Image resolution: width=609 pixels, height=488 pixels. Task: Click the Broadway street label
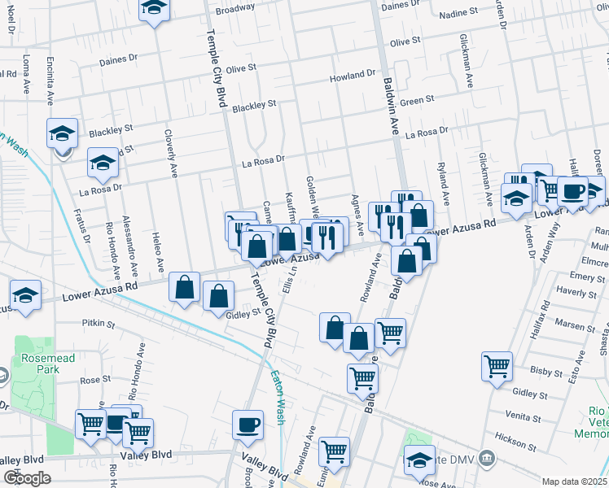click(x=235, y=10)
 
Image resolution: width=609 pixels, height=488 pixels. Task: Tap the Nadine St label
click(x=458, y=14)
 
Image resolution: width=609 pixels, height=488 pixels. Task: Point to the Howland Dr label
click(x=352, y=76)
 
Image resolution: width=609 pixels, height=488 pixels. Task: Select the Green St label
click(x=418, y=100)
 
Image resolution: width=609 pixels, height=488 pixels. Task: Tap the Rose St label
click(x=95, y=380)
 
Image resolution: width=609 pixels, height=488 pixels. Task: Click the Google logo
click(x=27, y=478)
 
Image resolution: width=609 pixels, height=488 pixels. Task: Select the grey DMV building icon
click(x=487, y=456)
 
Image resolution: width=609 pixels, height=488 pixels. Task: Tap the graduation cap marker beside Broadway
click(x=153, y=9)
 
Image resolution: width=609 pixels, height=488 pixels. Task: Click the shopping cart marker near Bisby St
click(x=497, y=366)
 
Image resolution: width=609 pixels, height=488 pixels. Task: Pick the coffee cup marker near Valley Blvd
click(x=248, y=424)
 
